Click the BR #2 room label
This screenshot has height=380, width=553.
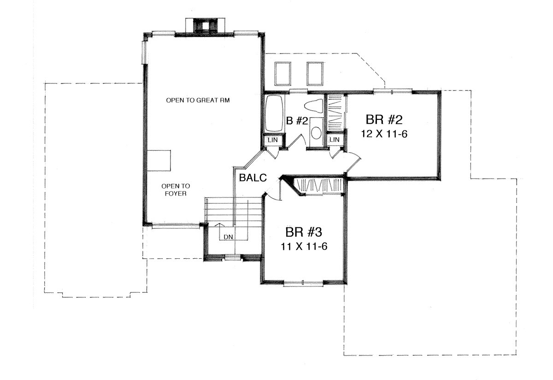(x=384, y=119)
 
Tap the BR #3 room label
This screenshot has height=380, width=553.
(x=304, y=232)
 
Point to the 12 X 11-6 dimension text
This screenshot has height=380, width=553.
(x=384, y=134)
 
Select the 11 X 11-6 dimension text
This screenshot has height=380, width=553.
(x=304, y=246)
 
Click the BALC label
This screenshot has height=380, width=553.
(x=253, y=178)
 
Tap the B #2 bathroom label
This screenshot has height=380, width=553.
(x=297, y=121)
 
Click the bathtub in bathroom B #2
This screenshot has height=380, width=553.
(x=274, y=113)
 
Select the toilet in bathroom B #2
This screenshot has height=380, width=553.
(x=314, y=106)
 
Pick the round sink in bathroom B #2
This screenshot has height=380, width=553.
(x=316, y=133)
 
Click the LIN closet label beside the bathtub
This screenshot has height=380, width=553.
(x=273, y=140)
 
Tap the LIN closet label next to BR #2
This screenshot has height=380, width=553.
(x=335, y=140)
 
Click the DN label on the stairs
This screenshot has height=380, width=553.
(x=228, y=237)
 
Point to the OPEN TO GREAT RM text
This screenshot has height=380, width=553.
(x=198, y=100)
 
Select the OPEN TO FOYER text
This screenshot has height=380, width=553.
(x=176, y=190)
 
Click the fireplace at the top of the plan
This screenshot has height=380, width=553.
(x=205, y=26)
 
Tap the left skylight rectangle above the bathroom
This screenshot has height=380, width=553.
(x=282, y=74)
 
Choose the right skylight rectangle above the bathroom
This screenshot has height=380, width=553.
(x=315, y=74)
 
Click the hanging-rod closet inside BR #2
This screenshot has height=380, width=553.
(x=335, y=113)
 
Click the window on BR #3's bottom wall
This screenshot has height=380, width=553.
(x=303, y=284)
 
